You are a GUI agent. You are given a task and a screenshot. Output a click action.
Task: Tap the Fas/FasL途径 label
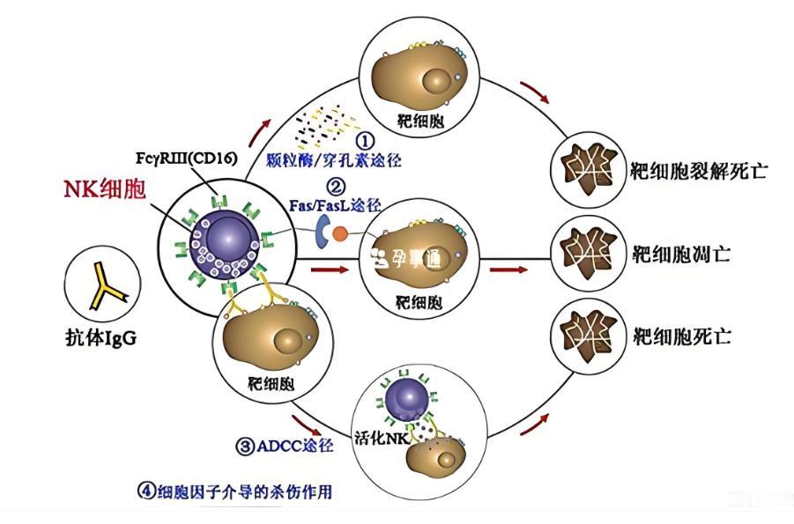[x=336, y=204]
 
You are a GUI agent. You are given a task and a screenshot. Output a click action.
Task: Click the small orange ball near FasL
[x=339, y=235]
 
